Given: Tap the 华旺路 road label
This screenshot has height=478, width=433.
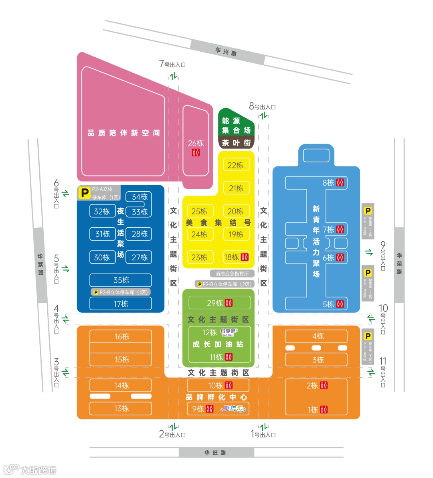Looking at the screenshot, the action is tap(216, 453).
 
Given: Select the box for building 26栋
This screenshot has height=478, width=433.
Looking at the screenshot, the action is tap(196, 141).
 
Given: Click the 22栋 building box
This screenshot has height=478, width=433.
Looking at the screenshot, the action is tap(236, 165).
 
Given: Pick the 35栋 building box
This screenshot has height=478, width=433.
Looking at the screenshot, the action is tap(121, 280).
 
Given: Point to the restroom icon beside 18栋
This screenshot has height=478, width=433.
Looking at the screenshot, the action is tap(245, 257).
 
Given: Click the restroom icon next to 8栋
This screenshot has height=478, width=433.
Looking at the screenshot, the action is tap(340, 183).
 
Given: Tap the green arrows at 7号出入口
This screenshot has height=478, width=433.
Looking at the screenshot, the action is tap(173, 76).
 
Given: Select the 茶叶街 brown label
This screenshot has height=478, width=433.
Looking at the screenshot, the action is tap(236, 143).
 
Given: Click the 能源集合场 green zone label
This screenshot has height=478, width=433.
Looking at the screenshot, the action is tap(236, 125).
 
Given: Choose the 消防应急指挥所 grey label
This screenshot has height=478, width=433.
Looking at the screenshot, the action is tap(232, 273).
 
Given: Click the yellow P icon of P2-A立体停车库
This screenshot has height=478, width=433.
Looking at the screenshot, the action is tap(85, 193).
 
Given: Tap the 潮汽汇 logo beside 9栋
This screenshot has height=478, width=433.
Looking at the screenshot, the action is tap(234, 409).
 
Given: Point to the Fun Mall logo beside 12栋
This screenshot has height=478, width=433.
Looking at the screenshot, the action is tap(229, 332).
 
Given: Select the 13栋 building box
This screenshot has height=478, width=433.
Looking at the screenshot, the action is tap(121, 408).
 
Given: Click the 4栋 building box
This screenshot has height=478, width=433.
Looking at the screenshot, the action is tap(316, 336).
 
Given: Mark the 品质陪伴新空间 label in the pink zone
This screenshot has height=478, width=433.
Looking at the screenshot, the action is tap(123, 133).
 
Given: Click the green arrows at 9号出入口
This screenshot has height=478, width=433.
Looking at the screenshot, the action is tap(369, 252).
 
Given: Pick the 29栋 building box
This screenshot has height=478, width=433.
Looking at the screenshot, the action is tap(220, 303).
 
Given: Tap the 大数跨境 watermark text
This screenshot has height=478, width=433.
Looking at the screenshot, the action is tap(38, 470).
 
